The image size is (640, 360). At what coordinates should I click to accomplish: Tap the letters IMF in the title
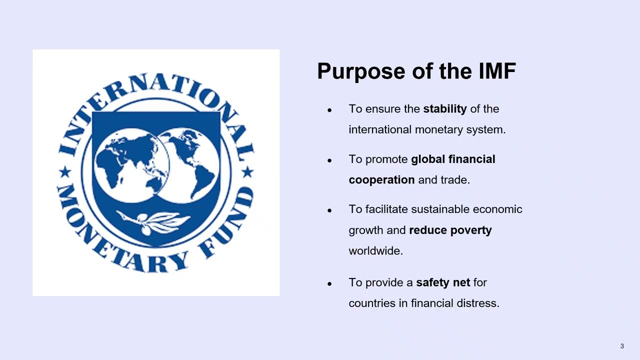coord(496,71)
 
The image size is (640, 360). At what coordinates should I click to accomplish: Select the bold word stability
coord(445,109)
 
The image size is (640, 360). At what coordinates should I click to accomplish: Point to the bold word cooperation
coord(381,180)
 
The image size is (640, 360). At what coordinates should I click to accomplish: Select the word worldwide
coord(375,251)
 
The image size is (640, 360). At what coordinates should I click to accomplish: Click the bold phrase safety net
coord(443,282)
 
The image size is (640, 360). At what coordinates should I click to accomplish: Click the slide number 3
coord(622,346)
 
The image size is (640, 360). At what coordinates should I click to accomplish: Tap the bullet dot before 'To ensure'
coord(329,110)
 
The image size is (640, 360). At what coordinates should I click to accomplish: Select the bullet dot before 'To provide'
coord(329,283)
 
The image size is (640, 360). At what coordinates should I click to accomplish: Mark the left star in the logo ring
coord(65,173)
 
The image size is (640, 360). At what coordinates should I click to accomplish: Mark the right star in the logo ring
coord(247,172)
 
